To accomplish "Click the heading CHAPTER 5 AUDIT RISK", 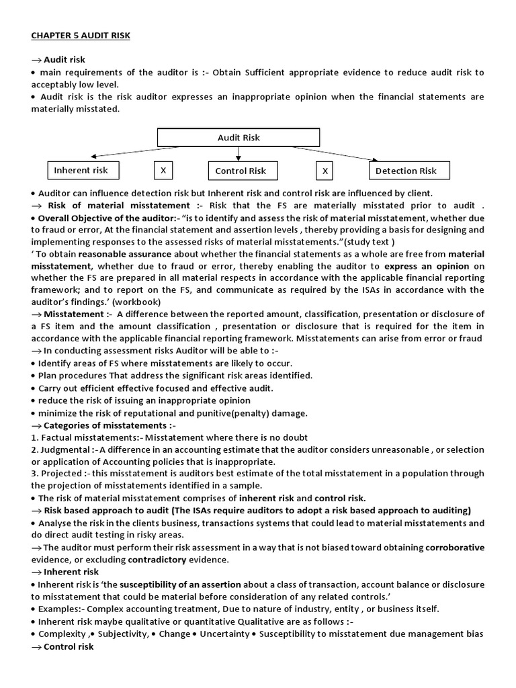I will pos(81,36).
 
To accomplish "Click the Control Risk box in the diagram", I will pos(241,171).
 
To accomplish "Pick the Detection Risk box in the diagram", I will pos(406,171).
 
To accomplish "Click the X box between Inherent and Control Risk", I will pos(163,171).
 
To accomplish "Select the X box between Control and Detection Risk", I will pos(325,171).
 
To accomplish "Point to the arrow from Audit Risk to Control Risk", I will pos(239,154).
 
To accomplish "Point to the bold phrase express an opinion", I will pos(426,266).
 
